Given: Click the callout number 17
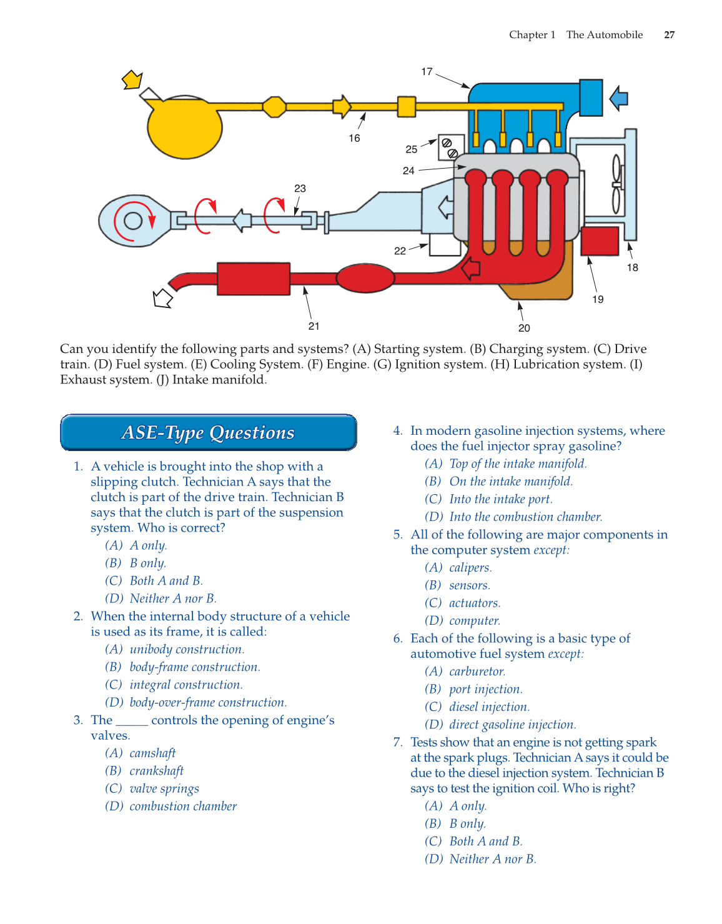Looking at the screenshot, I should (x=427, y=72).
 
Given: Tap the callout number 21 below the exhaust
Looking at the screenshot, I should (x=314, y=326).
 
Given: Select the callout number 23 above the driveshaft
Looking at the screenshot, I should (x=300, y=188).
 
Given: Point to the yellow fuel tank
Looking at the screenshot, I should (x=185, y=127).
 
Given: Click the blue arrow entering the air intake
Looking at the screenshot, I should (x=618, y=98).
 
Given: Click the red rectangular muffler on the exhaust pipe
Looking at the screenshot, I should (x=254, y=279).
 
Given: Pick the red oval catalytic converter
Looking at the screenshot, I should (x=365, y=278).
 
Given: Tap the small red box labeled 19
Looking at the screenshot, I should (x=600, y=241).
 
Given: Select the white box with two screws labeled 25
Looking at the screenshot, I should (x=451, y=147).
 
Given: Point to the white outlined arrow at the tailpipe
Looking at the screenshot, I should (x=162, y=299).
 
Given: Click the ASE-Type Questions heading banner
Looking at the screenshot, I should (x=208, y=432).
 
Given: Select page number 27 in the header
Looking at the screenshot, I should (x=669, y=35).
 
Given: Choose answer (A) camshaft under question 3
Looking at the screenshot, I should (x=152, y=753).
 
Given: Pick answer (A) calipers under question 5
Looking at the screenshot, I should (x=470, y=568).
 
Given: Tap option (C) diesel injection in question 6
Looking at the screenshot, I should (x=489, y=707).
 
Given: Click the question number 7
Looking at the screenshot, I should (x=398, y=742).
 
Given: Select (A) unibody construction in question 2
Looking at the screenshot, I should (x=187, y=650).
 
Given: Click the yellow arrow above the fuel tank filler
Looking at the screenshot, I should (x=132, y=80).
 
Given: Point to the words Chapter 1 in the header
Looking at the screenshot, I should (x=532, y=35).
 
